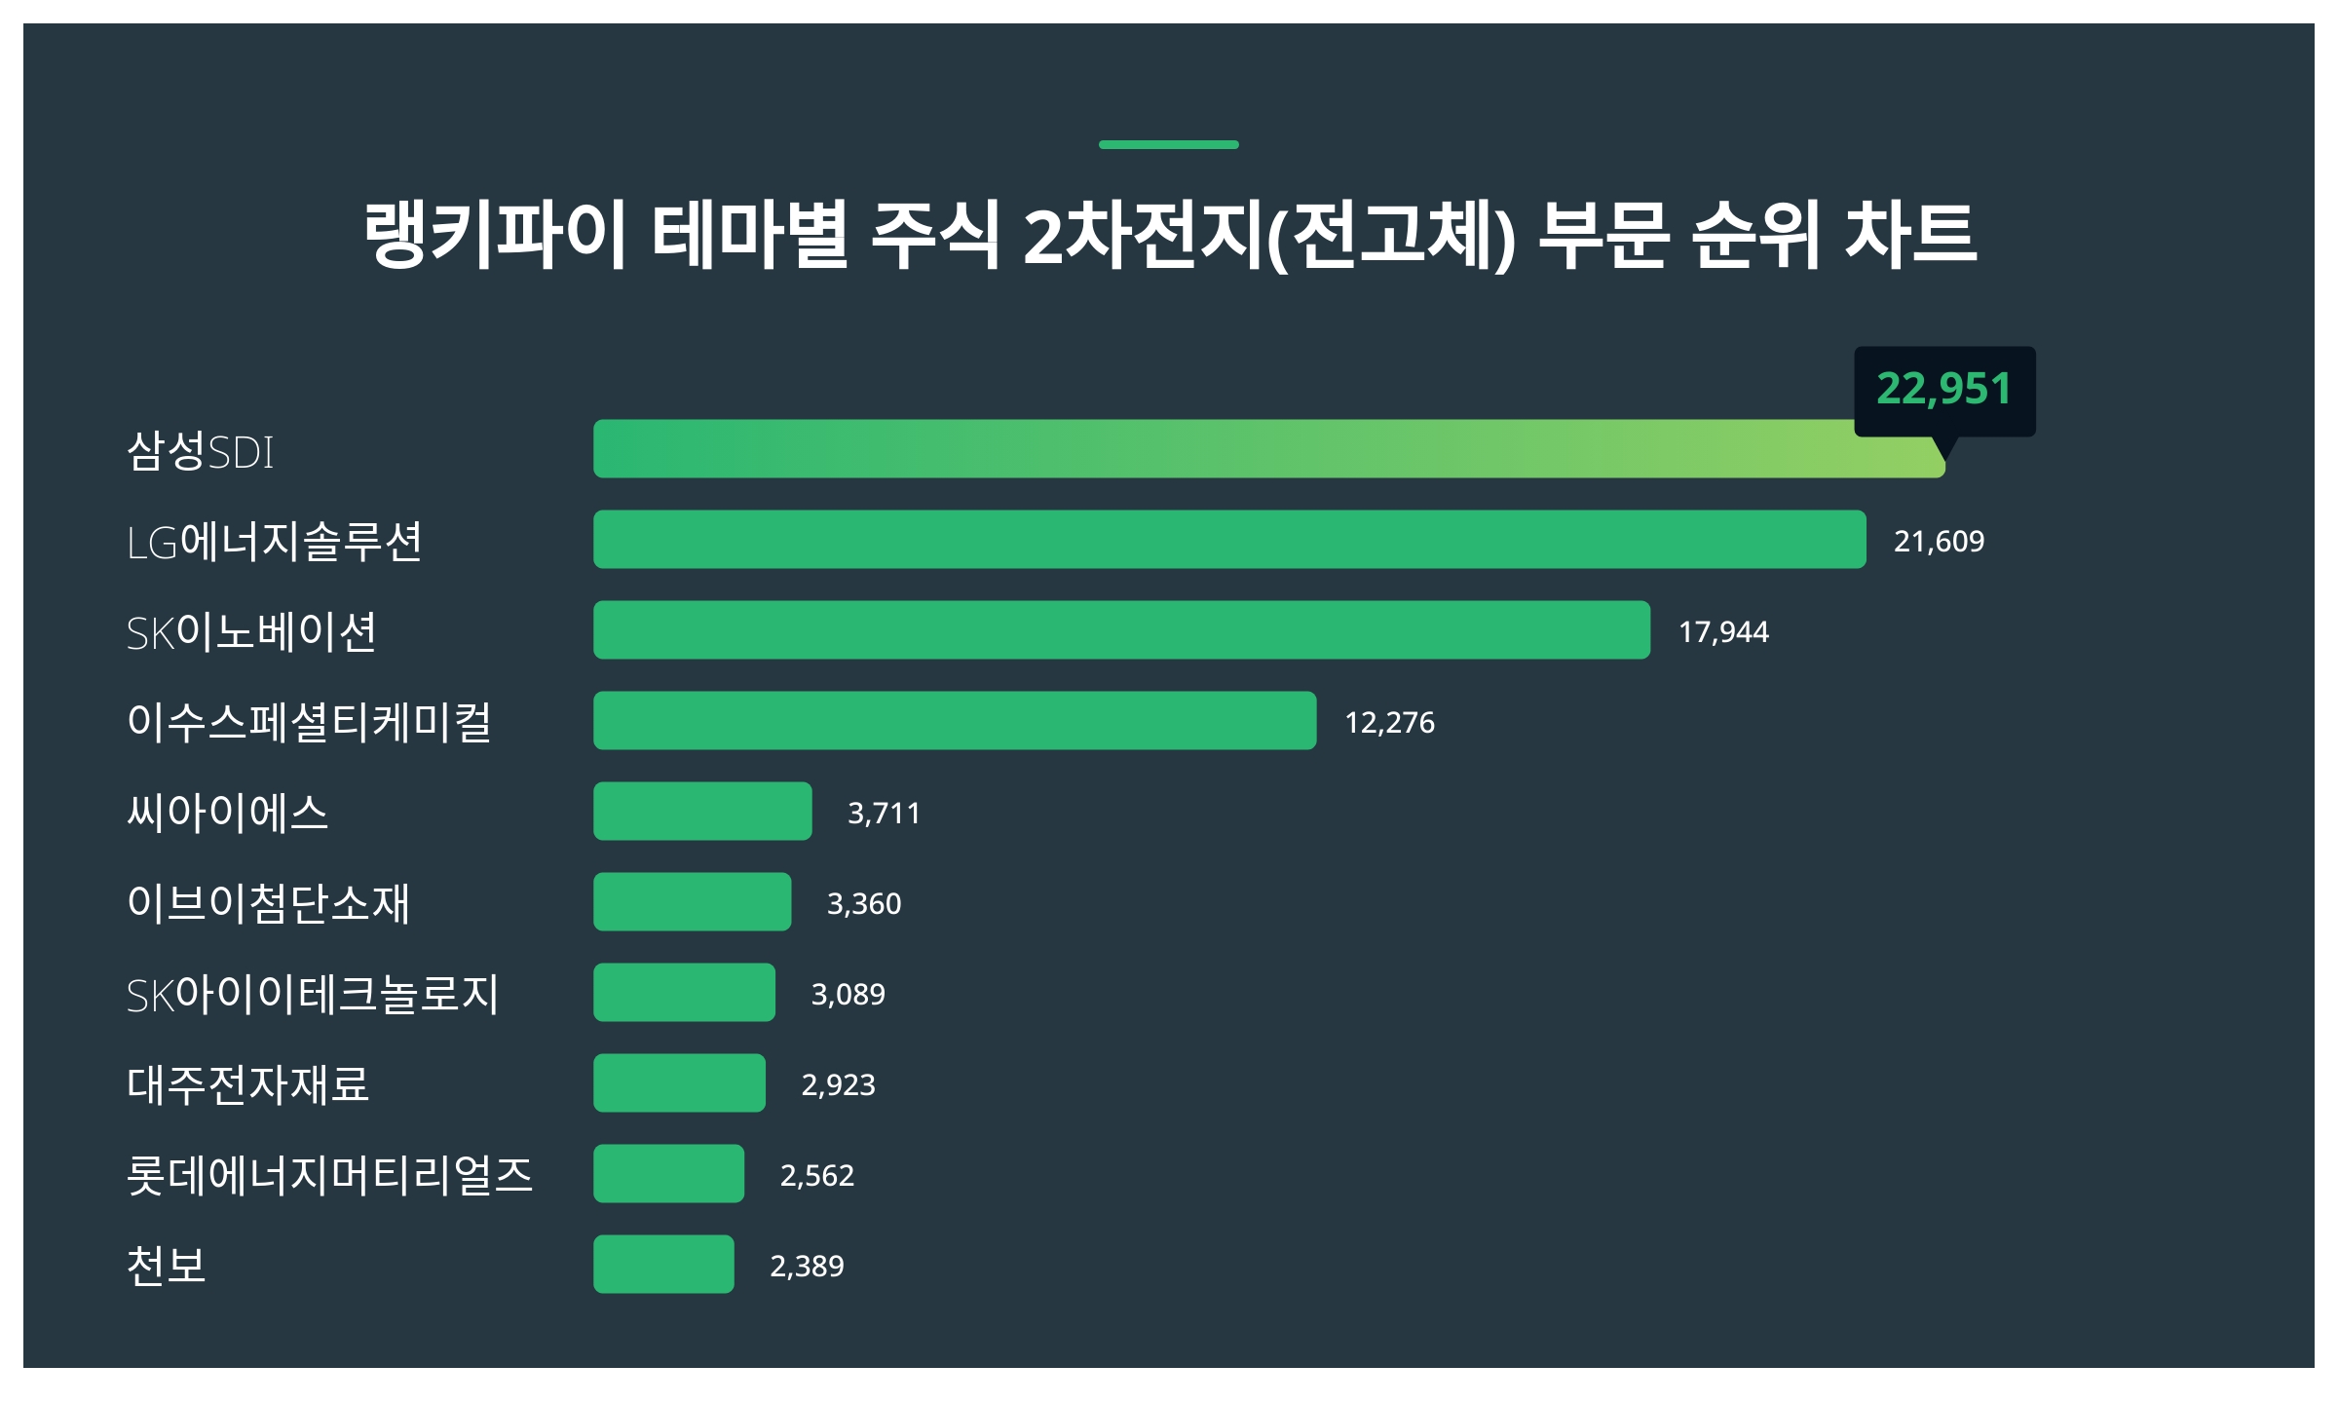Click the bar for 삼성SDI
1266,449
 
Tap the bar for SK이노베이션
1121,630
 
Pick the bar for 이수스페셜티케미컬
955,721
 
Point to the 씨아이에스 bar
702,812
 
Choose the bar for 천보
663,1265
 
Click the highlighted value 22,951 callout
1943,390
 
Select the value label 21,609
1939,541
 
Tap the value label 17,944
1723,632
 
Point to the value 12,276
1389,723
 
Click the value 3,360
864,904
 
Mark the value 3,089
848,995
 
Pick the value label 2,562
816,1176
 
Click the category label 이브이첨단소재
269,903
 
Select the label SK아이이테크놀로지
313,995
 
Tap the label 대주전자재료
248,1084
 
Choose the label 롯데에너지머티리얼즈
330,1175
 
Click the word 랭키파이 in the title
495,234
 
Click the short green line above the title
1168,145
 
